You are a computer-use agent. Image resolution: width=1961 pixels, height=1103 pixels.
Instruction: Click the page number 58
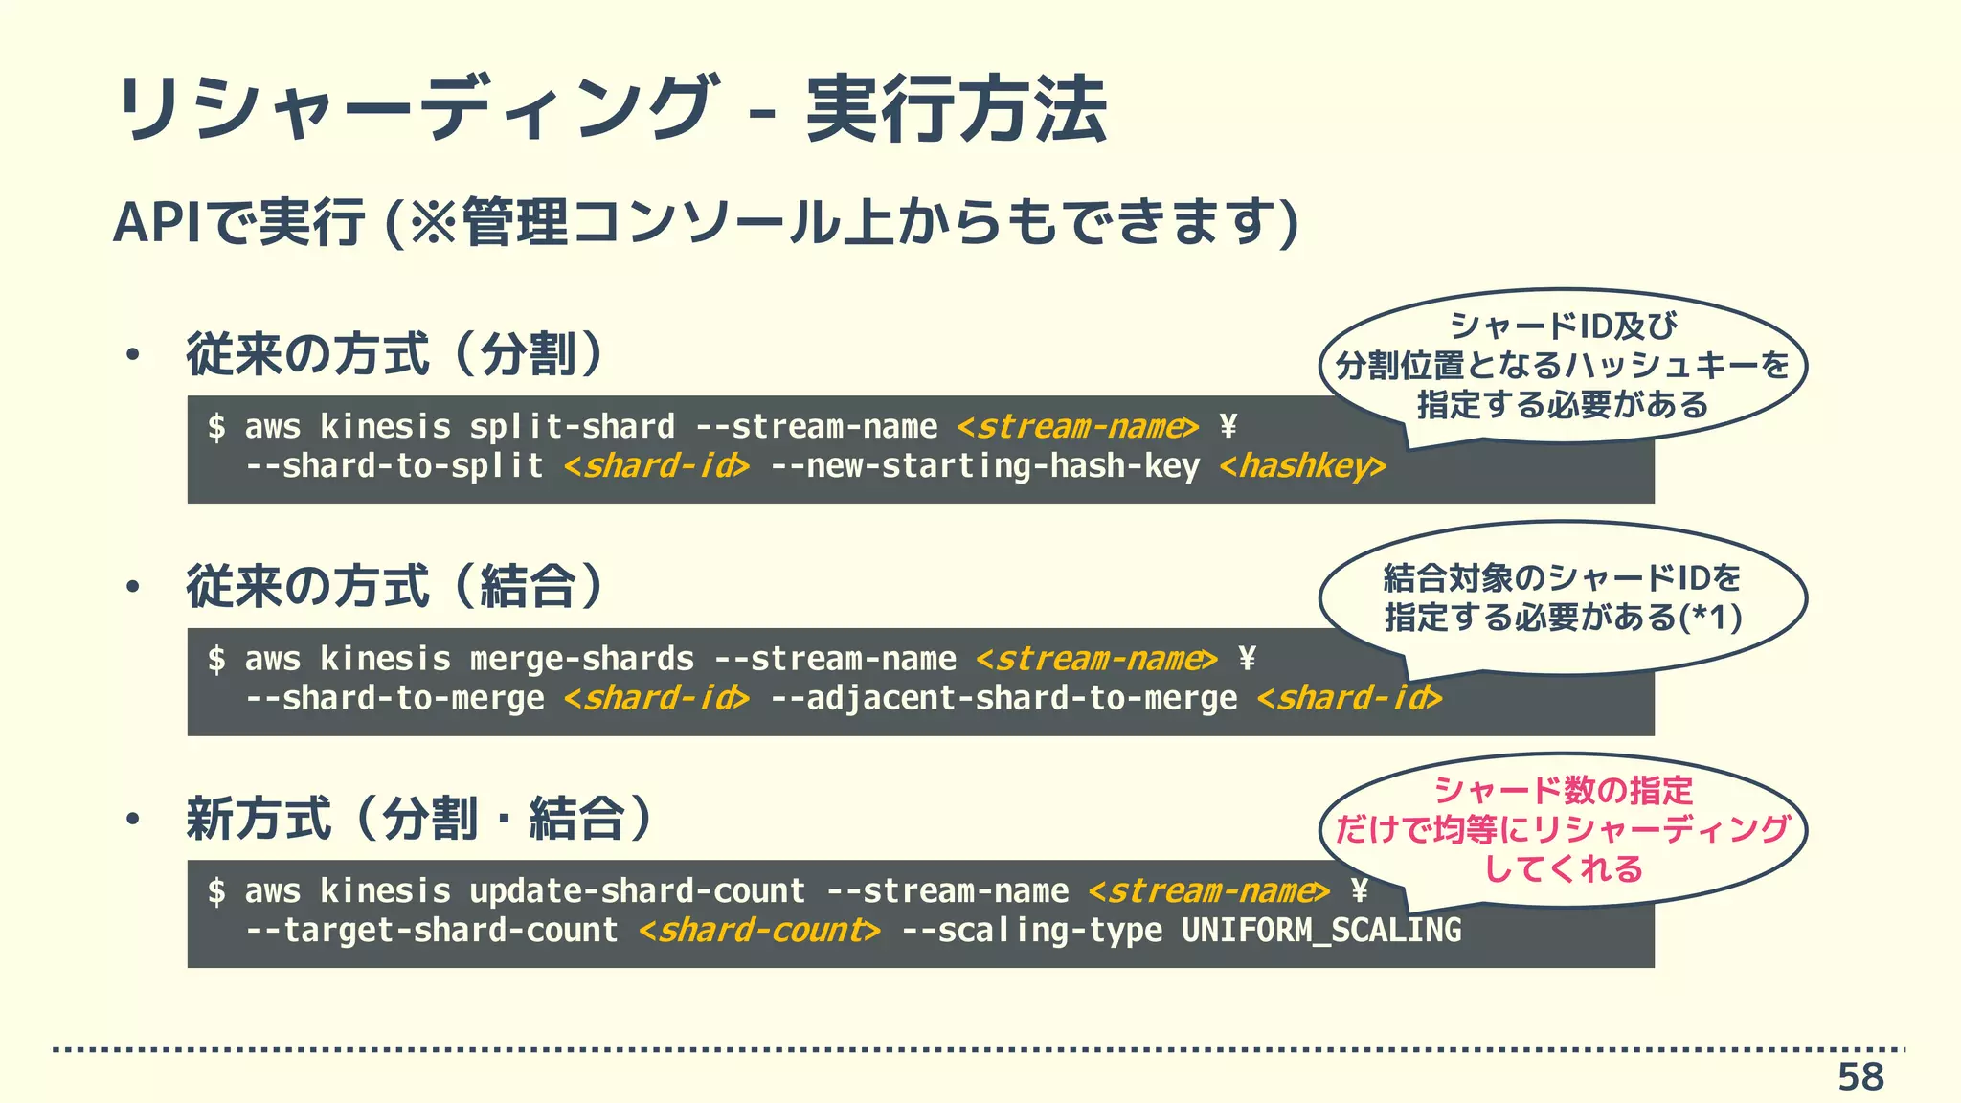pyautogui.click(x=1860, y=1077)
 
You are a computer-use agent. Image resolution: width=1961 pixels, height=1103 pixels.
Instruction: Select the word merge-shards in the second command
pyautogui.click(x=581, y=660)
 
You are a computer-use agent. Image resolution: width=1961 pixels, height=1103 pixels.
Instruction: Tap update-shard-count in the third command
pyautogui.click(x=637, y=891)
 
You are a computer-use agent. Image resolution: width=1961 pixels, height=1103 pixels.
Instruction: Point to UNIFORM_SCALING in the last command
pyautogui.click(x=1321, y=931)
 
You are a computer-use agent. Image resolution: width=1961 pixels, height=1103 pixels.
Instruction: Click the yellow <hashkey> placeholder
pyautogui.click(x=1302, y=466)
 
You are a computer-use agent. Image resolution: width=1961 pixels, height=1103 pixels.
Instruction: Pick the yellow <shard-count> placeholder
pyautogui.click(x=759, y=931)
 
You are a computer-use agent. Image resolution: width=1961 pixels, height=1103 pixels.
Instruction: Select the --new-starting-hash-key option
pyautogui.click(x=984, y=466)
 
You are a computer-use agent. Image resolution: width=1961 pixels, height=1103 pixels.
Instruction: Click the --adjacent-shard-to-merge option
pyautogui.click(x=1003, y=699)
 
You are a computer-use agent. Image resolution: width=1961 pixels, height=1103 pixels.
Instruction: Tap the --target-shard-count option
pyautogui.click(x=432, y=931)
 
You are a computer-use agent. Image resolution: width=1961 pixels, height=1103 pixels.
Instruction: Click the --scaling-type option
pyautogui.click(x=1031, y=931)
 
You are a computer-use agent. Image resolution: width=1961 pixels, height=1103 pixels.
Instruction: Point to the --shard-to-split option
pyautogui.click(x=394, y=466)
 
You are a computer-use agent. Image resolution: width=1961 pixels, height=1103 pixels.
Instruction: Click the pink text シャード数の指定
pyautogui.click(x=1563, y=791)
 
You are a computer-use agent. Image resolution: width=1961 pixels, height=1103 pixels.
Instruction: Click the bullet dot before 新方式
pyautogui.click(x=133, y=819)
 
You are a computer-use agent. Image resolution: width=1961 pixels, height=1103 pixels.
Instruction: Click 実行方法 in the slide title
pyautogui.click(x=957, y=108)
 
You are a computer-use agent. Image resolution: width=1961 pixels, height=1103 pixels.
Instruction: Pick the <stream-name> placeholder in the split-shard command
pyautogui.click(x=1077, y=427)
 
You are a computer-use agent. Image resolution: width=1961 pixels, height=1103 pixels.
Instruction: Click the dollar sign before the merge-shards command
pyautogui.click(x=216, y=660)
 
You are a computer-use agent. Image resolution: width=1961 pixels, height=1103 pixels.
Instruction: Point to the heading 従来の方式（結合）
pyautogui.click(x=394, y=586)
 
